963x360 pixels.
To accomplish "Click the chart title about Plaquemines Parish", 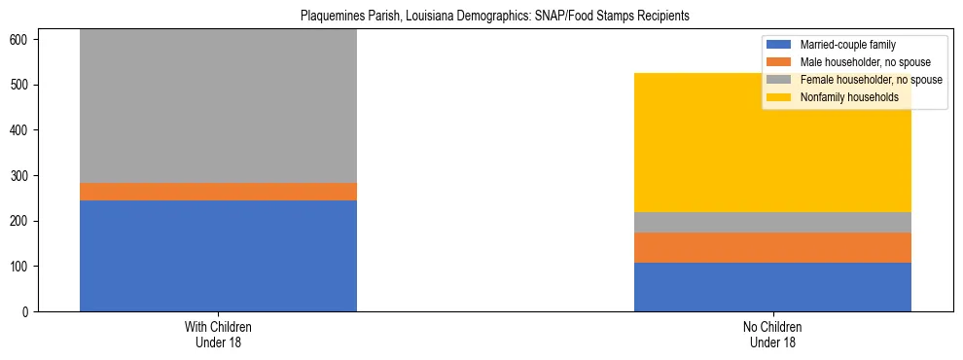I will tap(481, 17).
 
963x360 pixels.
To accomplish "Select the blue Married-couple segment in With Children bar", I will tap(218, 256).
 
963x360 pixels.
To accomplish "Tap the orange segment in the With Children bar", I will tap(218, 192).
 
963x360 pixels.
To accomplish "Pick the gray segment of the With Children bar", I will tap(218, 106).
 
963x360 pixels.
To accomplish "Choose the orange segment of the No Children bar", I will tap(772, 247).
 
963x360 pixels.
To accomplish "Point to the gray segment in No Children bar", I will tap(772, 222).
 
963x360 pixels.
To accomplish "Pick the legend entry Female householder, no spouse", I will tap(865, 80).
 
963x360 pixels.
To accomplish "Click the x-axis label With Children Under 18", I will tap(218, 334).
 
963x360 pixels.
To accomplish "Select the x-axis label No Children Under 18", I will tap(772, 334).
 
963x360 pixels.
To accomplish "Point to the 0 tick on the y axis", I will tap(30, 311).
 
